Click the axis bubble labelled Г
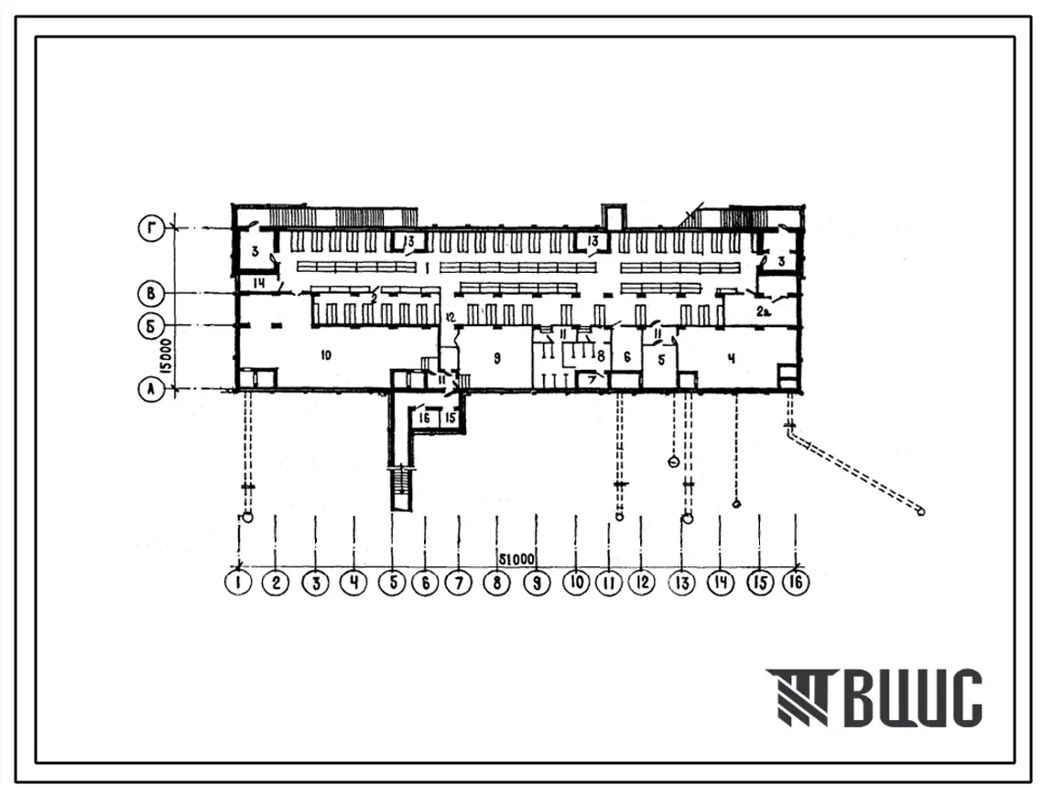[x=151, y=228]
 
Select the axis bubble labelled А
[x=151, y=389]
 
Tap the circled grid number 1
[x=239, y=582]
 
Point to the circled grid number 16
[x=796, y=582]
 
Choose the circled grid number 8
[x=496, y=582]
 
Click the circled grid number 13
[x=681, y=582]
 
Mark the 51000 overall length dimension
[x=517, y=558]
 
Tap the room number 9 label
[x=495, y=359]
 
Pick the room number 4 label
[x=731, y=358]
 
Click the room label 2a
[x=763, y=312]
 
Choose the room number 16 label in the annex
[x=423, y=418]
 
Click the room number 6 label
[x=627, y=357]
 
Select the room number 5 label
[x=660, y=360]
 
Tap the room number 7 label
[x=592, y=377]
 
